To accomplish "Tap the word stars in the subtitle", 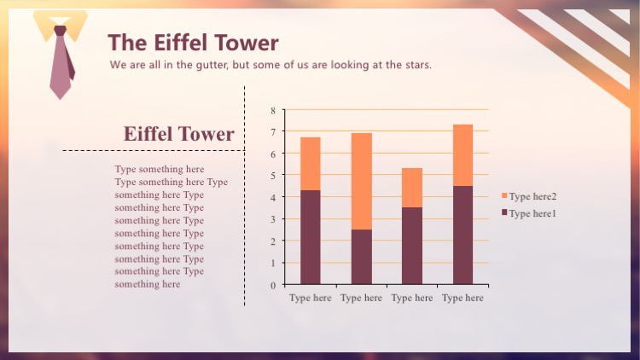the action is tap(418, 65).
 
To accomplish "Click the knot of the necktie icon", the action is tap(60, 30).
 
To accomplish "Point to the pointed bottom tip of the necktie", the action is tap(61, 99).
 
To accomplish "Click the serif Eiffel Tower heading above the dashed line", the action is tap(179, 134).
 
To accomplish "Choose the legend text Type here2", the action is tap(532, 196).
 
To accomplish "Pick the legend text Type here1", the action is tap(532, 213).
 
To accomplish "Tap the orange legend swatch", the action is tap(504, 196).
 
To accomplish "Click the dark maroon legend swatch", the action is tap(504, 212).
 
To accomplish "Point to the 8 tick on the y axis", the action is tap(273, 110).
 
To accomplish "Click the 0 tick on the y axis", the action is tap(273, 285).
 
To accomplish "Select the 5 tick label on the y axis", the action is tap(273, 176).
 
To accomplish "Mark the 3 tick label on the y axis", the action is tap(273, 219).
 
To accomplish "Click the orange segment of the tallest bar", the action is tap(463, 155).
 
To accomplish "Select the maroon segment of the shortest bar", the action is tap(412, 246).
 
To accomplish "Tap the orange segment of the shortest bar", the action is tap(412, 188).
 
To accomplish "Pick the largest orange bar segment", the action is tap(362, 181).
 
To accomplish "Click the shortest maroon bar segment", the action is tap(362, 257).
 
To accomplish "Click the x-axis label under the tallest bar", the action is tap(463, 298).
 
